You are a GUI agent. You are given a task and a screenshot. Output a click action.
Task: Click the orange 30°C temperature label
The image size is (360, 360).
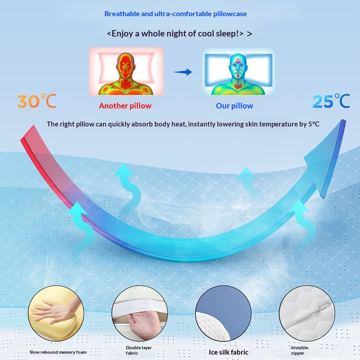point(37,101)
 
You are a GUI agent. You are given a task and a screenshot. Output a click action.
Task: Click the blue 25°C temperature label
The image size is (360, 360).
point(331,101)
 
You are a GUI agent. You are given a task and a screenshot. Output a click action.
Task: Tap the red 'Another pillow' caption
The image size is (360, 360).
point(125,106)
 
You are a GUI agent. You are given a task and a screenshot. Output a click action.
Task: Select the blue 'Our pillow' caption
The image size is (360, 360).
point(234,106)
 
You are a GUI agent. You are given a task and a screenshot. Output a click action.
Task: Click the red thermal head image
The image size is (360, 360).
point(126,72)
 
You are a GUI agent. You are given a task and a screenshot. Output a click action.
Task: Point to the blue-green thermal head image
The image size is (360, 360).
point(238,72)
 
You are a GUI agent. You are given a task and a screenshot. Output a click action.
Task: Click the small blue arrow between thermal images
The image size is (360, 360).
point(183,72)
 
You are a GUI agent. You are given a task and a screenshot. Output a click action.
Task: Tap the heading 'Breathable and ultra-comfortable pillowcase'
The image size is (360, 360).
point(175,14)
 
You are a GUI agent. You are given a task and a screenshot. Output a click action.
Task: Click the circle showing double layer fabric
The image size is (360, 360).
point(139,313)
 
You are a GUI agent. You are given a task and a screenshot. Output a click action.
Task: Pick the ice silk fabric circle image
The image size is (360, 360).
point(223,313)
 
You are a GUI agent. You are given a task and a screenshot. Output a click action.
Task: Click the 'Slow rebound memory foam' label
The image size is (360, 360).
point(58,352)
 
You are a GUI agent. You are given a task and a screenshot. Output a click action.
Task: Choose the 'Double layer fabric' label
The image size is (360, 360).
point(139,351)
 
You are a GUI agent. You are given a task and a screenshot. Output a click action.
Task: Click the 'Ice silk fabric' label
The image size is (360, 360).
point(229,352)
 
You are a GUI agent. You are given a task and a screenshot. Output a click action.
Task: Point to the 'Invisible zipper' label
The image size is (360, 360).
point(300,351)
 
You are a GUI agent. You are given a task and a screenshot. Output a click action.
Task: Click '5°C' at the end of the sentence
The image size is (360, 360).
point(314,124)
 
